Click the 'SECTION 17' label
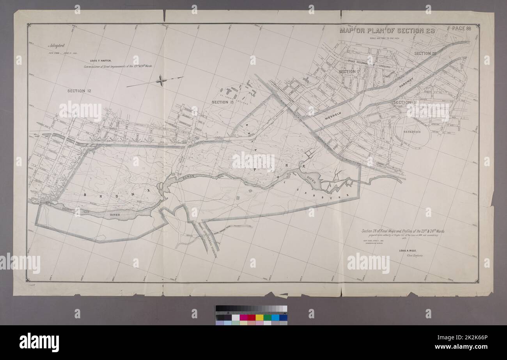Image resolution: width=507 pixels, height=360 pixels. [349, 72]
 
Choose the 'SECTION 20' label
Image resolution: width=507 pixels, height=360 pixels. [425, 53]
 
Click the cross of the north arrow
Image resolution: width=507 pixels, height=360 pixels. [161, 81]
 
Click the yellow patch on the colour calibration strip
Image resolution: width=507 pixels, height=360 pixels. [259, 317]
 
